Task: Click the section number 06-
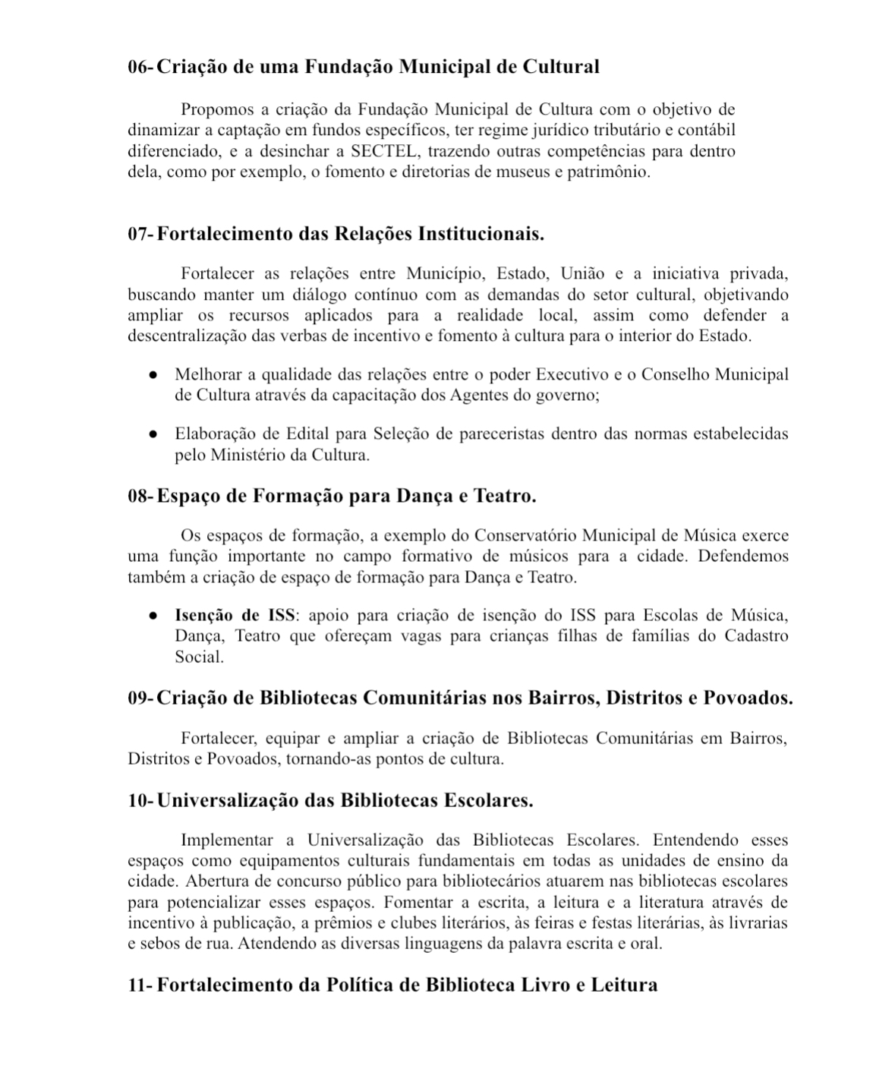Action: click(140, 67)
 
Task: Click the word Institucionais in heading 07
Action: click(480, 233)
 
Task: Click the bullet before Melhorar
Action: click(153, 374)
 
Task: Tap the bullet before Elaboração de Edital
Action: click(153, 434)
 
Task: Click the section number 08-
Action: click(140, 496)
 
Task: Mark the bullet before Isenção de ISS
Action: click(153, 615)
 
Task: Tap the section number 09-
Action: click(140, 697)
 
